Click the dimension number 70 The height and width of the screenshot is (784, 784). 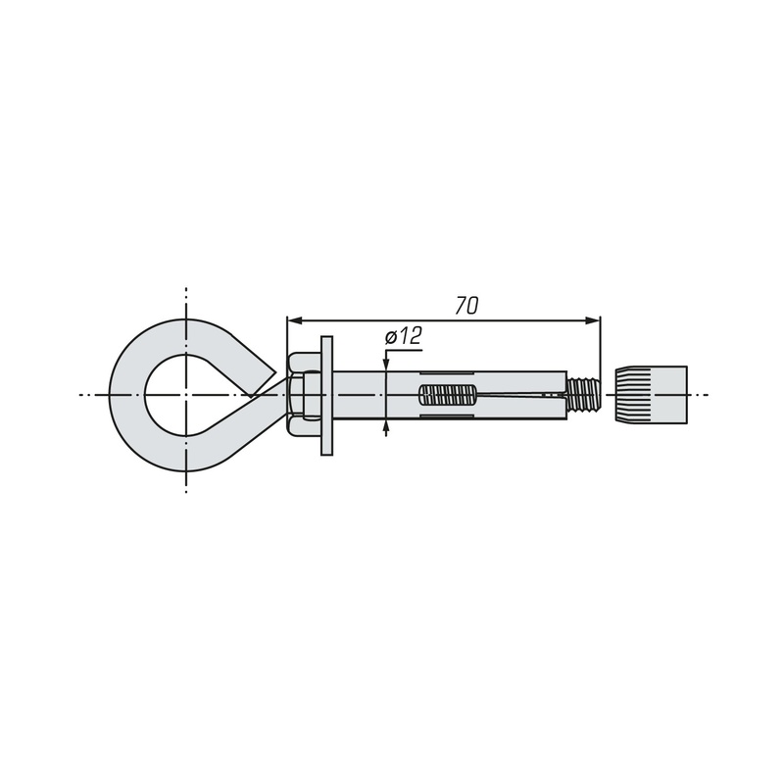pos(466,306)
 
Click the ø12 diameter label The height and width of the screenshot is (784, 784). pos(404,336)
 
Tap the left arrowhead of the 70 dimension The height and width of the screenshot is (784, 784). pos(293,320)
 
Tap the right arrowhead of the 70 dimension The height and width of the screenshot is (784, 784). pos(593,320)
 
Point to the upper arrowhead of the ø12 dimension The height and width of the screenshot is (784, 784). pos(386,365)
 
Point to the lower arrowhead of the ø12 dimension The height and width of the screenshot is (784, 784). pos(386,426)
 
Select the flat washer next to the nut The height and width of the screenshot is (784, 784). pos(326,396)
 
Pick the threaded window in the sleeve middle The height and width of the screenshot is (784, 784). pos(447,395)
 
